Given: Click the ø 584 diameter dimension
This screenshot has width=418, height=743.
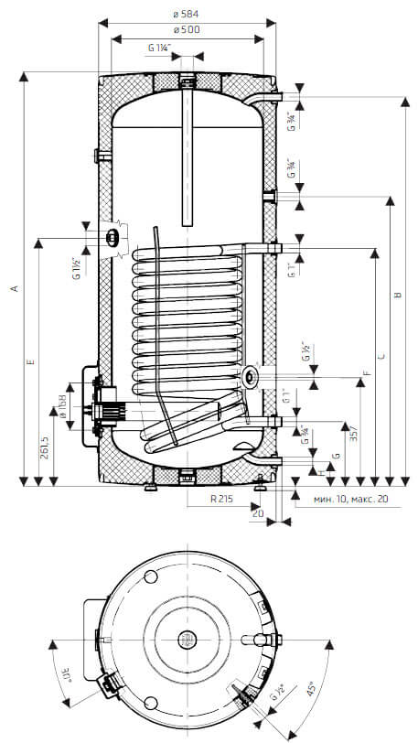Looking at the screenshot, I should coord(186,14).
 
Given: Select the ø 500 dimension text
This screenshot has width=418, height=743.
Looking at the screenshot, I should coord(186,30).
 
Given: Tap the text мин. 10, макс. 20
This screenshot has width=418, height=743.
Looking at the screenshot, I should coord(350,499).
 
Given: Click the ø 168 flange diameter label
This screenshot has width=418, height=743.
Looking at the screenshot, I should coord(64,404).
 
